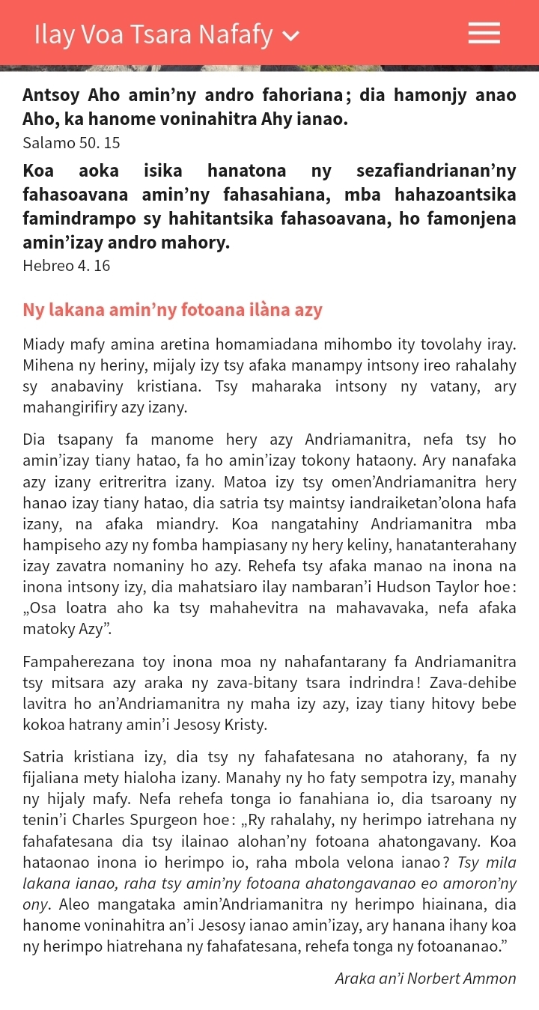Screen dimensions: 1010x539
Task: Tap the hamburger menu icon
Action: [484, 33]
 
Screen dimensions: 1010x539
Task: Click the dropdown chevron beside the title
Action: [291, 35]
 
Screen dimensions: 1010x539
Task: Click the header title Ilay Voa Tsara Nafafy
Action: [153, 34]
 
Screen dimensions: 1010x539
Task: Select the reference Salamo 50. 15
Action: [71, 142]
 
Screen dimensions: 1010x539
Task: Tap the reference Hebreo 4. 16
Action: [67, 265]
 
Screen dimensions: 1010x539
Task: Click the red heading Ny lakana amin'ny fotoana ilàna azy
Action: [172, 309]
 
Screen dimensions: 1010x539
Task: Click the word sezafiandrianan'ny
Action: [436, 171]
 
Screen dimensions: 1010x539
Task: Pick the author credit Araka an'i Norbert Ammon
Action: [425, 978]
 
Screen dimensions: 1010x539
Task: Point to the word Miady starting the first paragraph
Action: [44, 344]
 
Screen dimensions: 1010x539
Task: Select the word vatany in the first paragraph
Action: [442, 386]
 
